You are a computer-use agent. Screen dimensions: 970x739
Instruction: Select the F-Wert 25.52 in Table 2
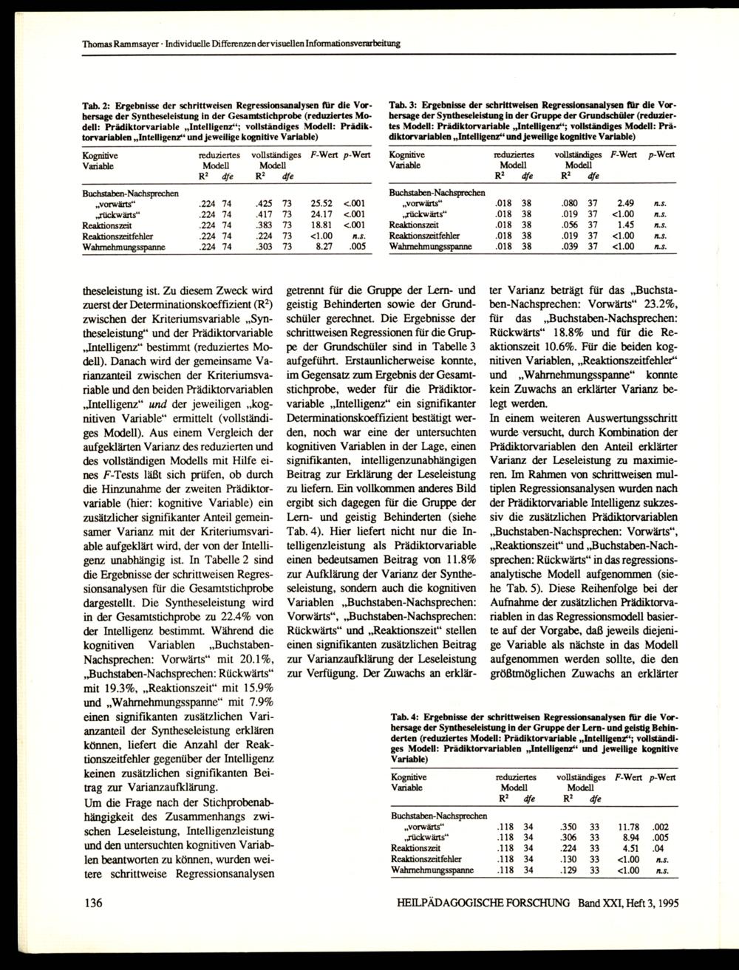[321, 202]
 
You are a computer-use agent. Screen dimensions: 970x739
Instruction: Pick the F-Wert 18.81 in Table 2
[321, 224]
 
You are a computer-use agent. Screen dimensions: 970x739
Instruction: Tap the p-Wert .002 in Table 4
[660, 827]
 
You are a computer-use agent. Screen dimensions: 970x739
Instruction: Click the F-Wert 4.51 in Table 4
[629, 849]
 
